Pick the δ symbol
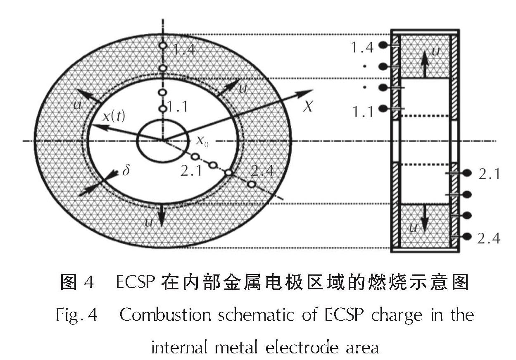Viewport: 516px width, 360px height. point(126,170)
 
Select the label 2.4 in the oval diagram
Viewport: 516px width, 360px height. point(262,170)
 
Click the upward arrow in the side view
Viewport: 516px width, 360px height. point(424,62)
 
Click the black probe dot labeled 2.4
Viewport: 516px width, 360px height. point(467,236)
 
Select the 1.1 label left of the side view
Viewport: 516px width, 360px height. point(363,111)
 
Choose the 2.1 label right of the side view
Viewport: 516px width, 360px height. point(489,174)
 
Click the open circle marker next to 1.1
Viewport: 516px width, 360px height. point(163,109)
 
